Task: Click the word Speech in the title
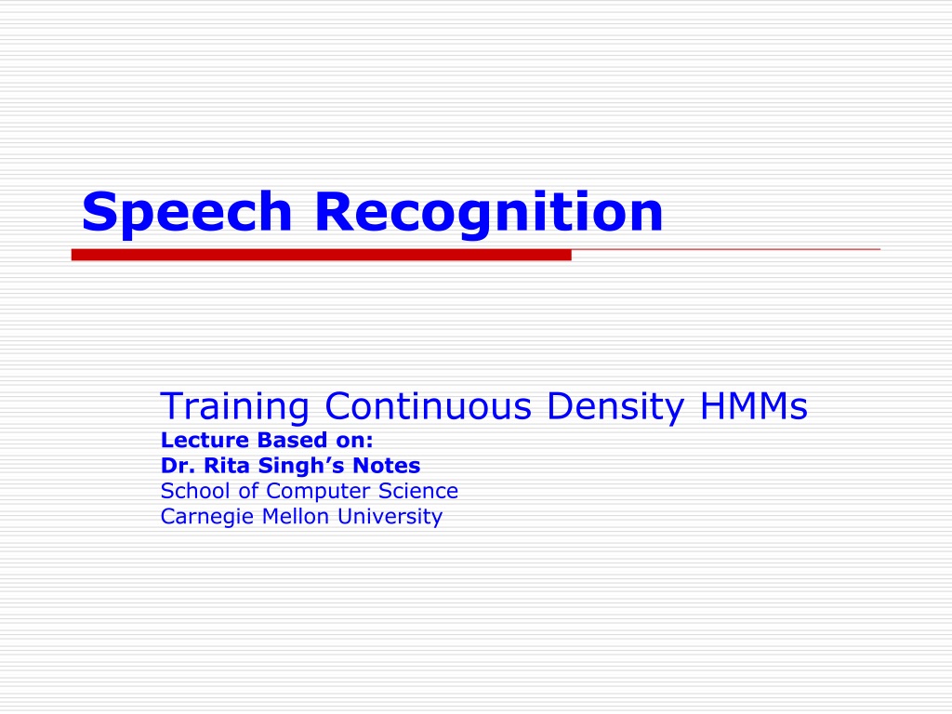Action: (187, 213)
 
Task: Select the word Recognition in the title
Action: (489, 213)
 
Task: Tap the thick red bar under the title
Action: (321, 255)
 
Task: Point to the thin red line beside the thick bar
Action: (725, 249)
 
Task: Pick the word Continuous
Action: (428, 405)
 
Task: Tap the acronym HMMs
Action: (754, 405)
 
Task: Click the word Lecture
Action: (205, 440)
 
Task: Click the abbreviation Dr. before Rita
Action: (178, 466)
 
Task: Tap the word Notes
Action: (387, 466)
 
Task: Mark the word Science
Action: (418, 491)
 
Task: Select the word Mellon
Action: (296, 517)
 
